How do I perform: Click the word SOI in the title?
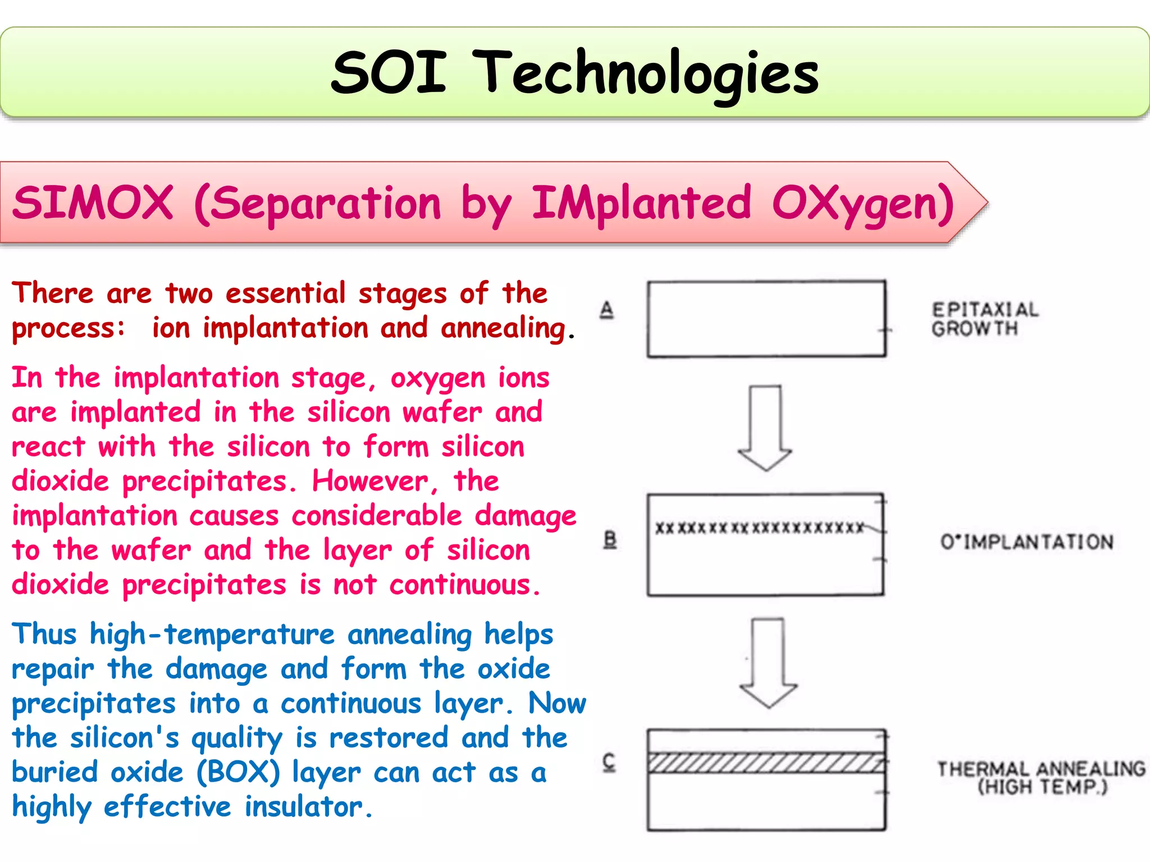(389, 73)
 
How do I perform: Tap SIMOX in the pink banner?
(93, 203)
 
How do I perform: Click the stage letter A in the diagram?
(607, 310)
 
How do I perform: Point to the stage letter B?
(610, 540)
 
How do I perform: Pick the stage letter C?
(609, 762)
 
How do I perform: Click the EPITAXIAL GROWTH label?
(984, 319)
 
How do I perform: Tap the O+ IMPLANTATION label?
(1026, 542)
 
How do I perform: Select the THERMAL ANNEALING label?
(1041, 777)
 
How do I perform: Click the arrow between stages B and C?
(768, 662)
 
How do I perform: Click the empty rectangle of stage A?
(766, 319)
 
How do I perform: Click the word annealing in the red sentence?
(503, 328)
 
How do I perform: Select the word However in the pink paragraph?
(371, 482)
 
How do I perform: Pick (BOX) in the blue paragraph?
(238, 773)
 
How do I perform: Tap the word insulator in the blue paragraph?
(304, 808)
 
